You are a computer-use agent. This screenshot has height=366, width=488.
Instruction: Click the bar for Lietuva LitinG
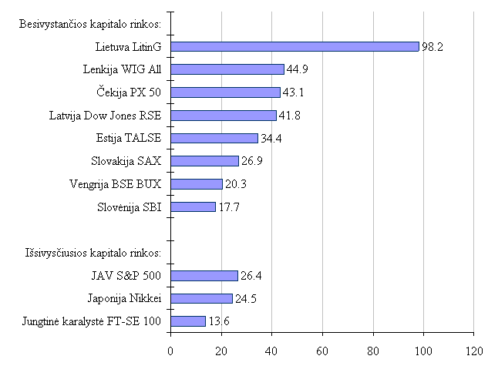coord(294,46)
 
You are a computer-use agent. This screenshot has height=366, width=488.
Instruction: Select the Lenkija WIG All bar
coord(227,69)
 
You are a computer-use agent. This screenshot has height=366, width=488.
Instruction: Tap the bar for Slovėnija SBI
coord(193,207)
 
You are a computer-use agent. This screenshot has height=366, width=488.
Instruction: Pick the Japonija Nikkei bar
coord(201,298)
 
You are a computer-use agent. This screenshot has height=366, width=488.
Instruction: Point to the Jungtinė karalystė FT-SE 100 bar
coord(187,321)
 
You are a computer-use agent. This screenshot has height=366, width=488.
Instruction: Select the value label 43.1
coord(292,92)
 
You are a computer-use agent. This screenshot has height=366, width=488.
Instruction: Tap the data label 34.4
coord(271,139)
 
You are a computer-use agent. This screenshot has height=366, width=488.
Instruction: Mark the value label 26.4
coord(251,276)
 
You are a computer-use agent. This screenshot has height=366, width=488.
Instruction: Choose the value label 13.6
coord(218,321)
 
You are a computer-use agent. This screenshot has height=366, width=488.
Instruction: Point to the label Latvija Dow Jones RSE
coord(106,116)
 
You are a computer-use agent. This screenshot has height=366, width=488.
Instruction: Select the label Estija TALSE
coord(129,139)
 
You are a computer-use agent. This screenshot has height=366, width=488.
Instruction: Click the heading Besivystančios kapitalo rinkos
coord(90,24)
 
